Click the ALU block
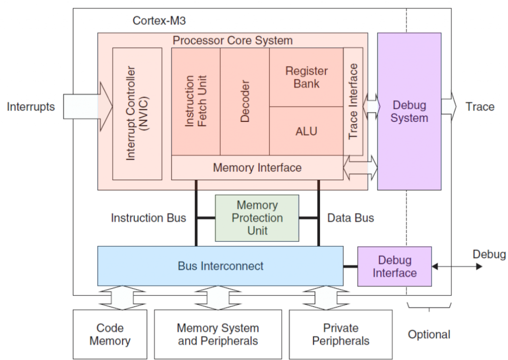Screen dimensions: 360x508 click(306, 131)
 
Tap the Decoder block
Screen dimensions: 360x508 click(245, 101)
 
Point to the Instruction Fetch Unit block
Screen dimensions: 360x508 click(195, 101)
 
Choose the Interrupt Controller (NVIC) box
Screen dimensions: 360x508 click(137, 114)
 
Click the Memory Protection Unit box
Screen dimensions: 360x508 click(256, 218)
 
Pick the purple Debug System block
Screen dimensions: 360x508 click(409, 112)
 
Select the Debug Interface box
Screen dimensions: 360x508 click(394, 266)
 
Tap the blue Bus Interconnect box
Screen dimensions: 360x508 click(220, 266)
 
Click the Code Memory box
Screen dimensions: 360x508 click(110, 334)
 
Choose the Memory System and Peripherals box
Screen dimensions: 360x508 click(218, 334)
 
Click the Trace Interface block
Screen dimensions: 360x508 click(353, 101)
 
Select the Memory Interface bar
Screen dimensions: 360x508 click(257, 168)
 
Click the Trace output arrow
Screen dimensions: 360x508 click(449, 106)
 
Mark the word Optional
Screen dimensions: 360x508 click(429, 335)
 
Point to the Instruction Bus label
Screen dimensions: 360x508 click(148, 218)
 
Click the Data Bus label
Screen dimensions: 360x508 click(350, 218)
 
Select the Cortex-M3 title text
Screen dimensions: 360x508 click(155, 21)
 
